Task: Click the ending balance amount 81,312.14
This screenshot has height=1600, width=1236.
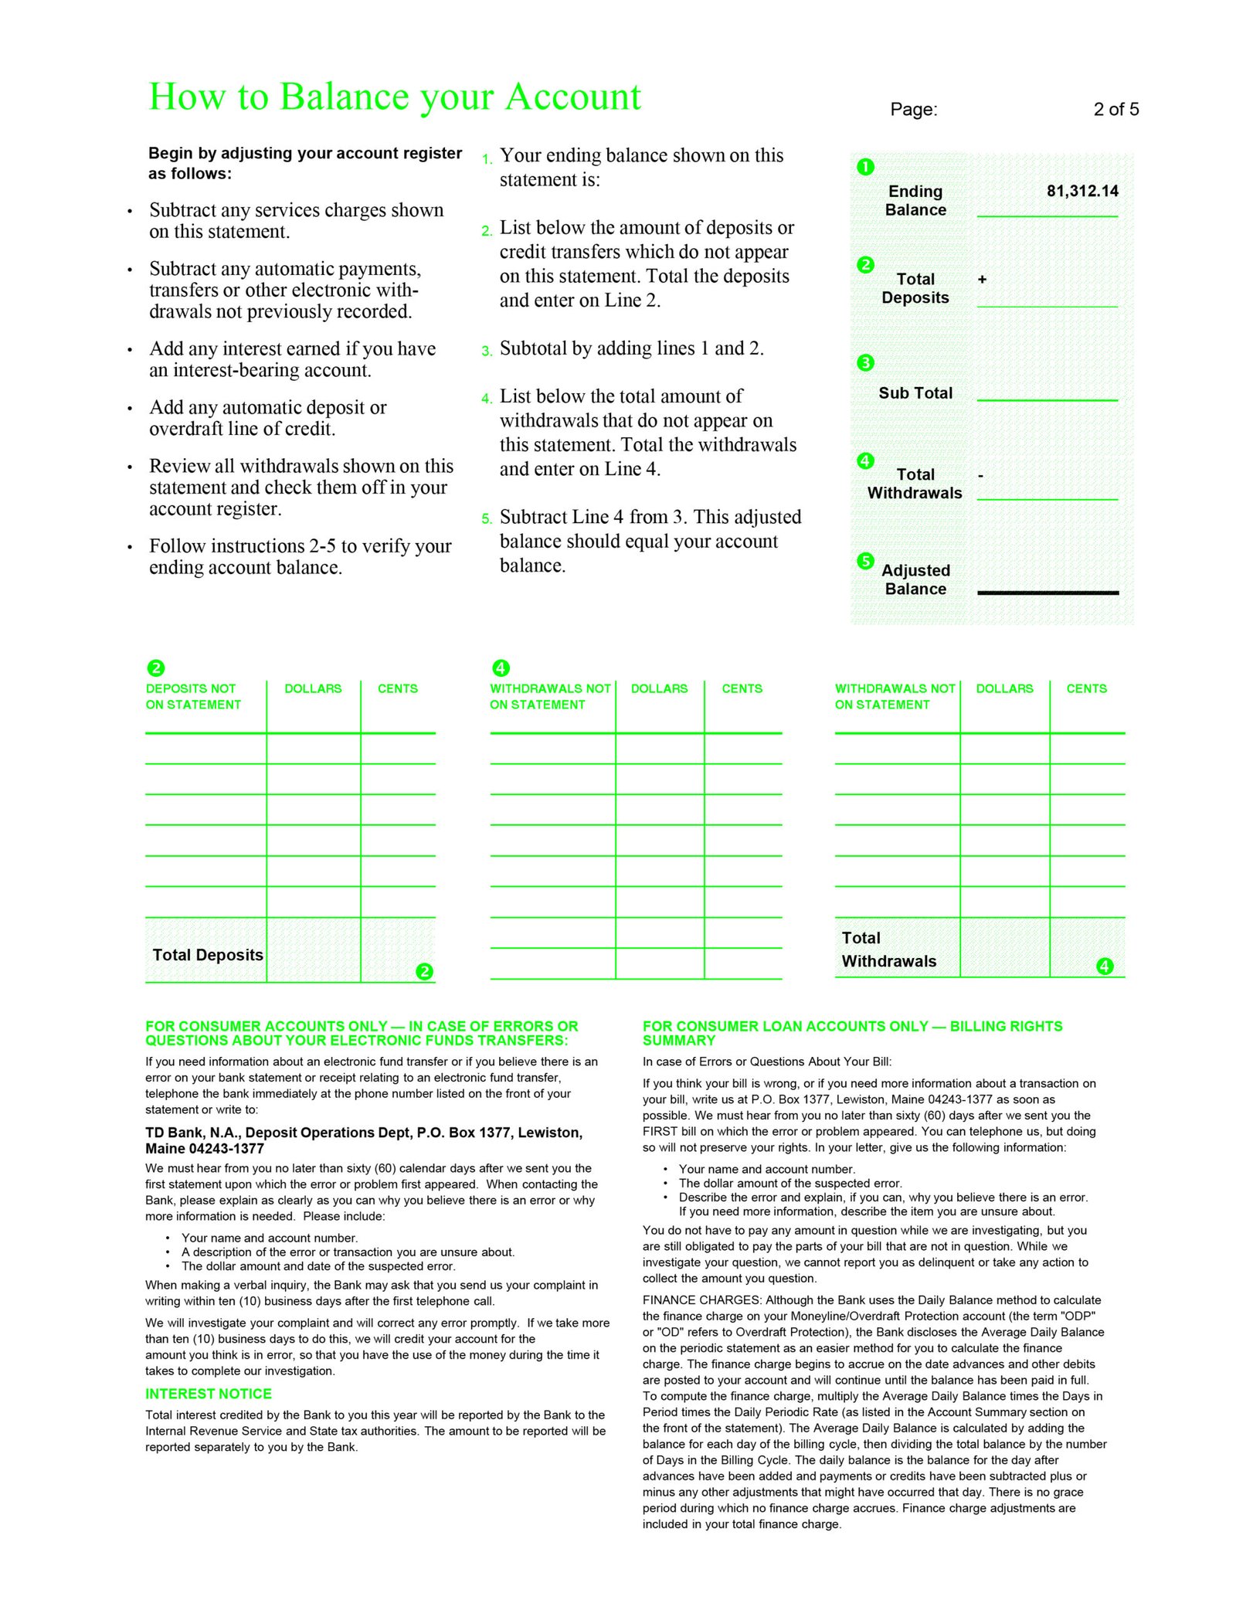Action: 1081,191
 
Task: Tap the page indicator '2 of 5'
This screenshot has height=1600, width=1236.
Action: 1115,110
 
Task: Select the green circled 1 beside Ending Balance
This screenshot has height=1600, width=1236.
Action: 865,167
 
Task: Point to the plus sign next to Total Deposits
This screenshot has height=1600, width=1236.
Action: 982,280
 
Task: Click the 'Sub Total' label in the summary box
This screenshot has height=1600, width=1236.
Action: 915,393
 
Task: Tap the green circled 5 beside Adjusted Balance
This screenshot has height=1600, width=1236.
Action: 865,561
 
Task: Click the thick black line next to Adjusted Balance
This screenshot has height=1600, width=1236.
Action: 1047,593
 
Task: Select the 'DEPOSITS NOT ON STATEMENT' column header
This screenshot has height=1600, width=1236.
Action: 193,696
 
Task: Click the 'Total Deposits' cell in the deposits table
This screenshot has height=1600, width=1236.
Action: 207,955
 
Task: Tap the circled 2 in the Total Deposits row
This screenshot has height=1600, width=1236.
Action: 424,971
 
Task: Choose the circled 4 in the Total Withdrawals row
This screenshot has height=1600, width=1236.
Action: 1105,966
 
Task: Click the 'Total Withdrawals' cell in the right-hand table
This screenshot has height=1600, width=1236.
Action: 888,949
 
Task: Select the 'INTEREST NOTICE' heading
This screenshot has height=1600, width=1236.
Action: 209,1394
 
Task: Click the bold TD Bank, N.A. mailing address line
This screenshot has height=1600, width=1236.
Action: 363,1140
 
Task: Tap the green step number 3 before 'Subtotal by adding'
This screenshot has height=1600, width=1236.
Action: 486,352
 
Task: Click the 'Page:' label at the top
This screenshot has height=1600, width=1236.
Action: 913,110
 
